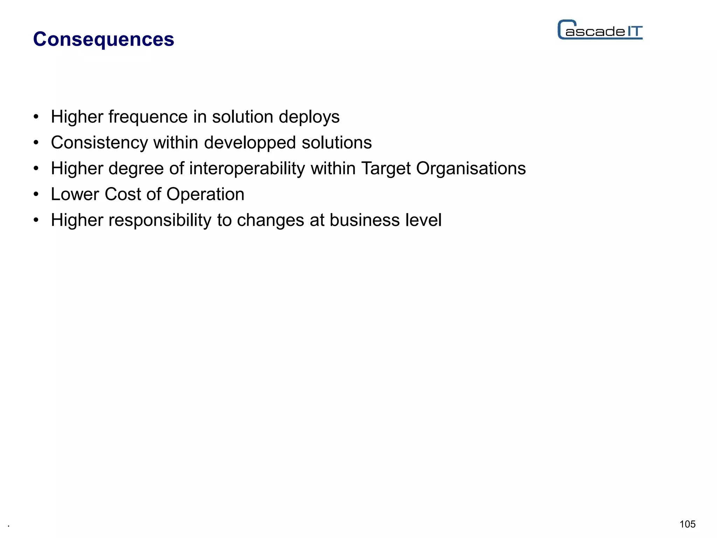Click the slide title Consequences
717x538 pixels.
103,39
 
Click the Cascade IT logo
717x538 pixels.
600,30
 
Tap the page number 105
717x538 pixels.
687,524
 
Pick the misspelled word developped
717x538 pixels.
250,143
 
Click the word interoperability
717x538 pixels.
247,168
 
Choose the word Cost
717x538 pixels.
123,194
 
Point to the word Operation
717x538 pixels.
205,194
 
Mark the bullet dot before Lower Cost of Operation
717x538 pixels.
36,195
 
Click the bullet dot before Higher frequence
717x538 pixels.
36,117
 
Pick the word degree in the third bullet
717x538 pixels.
136,169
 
